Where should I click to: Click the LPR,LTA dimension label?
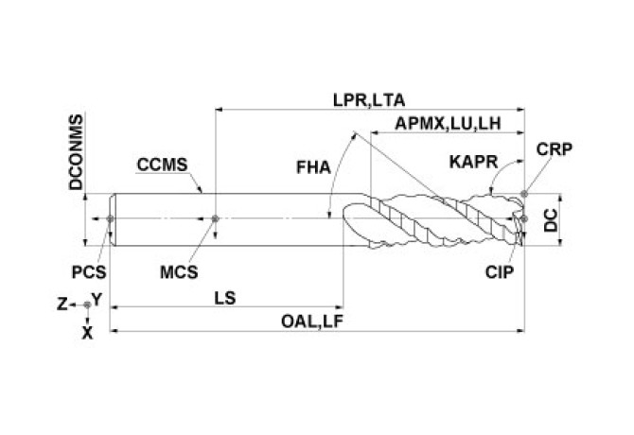tap(369, 100)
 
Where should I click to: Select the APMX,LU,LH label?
tap(448, 123)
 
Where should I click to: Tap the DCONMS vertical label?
tap(76, 152)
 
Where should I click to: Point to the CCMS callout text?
tap(162, 165)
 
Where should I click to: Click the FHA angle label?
tap(313, 167)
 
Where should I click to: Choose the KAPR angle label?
tap(473, 162)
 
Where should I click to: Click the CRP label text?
tap(555, 149)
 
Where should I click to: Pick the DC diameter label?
tap(551, 220)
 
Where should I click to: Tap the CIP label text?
tap(500, 272)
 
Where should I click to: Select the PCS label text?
tap(89, 272)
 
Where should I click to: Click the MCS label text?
tap(179, 272)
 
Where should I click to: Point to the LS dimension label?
tap(225, 298)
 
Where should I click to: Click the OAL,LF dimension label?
tap(312, 322)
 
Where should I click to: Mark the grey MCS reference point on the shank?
tap(215, 218)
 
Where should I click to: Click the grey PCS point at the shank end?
tap(110, 218)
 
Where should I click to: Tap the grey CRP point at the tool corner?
tap(524, 194)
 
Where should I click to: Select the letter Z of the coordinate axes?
tap(62, 304)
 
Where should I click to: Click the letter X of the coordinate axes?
tap(87, 334)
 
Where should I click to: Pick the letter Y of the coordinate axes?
tap(97, 300)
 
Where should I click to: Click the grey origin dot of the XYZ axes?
tap(87, 304)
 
